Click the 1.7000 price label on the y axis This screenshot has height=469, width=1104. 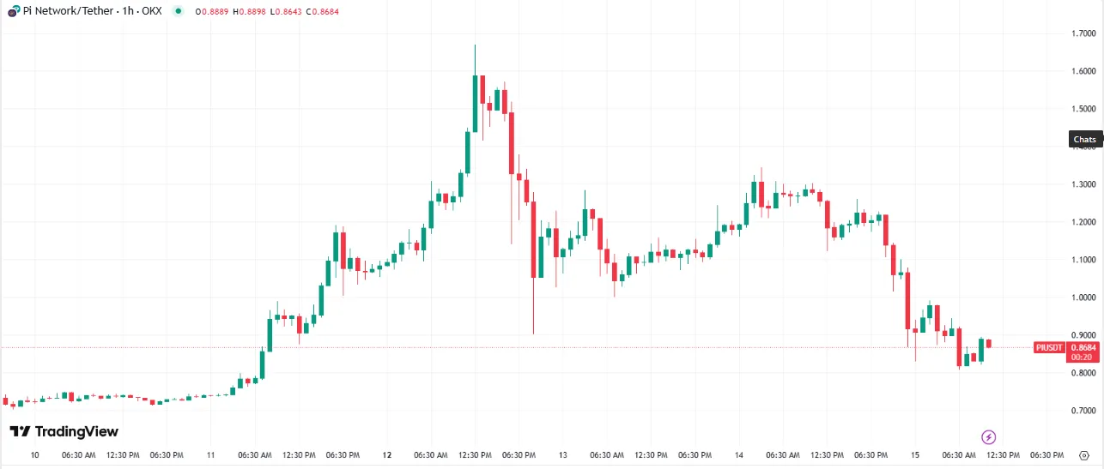1083,33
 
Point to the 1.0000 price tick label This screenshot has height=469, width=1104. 1083,298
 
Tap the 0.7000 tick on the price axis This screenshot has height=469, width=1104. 1083,411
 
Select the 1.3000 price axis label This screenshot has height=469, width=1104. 1083,184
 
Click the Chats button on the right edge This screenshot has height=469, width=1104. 1085,139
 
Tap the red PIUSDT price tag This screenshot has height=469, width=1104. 1049,347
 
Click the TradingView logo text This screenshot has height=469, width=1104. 64,431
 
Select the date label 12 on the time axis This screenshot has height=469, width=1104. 387,455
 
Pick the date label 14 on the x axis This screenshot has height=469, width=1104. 739,455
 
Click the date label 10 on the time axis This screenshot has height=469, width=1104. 35,455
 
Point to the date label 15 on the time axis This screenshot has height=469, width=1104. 915,455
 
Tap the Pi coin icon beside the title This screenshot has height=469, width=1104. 14,10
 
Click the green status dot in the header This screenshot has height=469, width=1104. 178,10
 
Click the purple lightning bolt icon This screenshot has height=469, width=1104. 988,437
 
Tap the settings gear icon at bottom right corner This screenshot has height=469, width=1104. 1085,455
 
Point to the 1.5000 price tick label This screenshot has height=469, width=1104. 1083,109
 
